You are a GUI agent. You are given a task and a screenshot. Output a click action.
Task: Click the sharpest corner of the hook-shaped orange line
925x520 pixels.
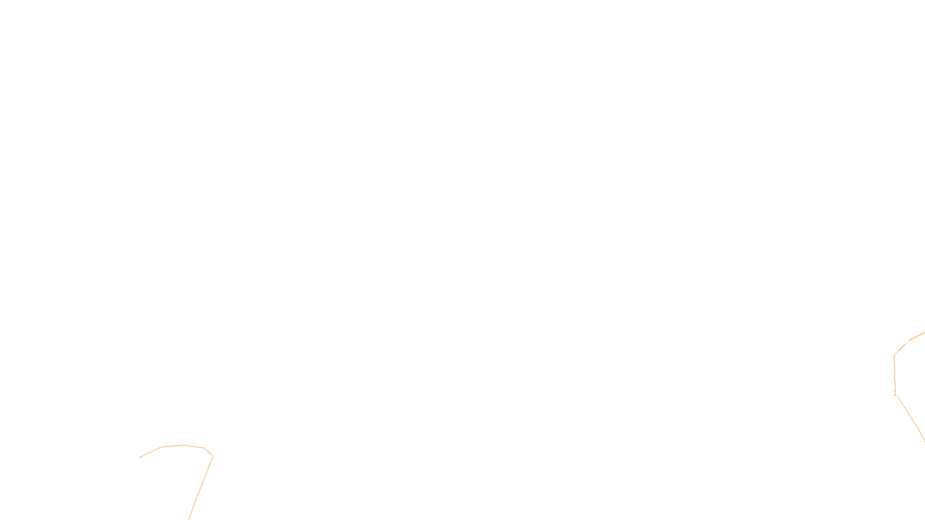click(213, 456)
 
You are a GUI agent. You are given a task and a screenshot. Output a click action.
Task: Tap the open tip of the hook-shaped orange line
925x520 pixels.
click(140, 457)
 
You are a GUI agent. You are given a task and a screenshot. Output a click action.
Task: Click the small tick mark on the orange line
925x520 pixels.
click(895, 394)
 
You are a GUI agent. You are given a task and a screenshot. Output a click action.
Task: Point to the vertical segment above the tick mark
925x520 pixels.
click(894, 374)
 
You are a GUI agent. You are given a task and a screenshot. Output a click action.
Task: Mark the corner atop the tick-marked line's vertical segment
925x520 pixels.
click(894, 355)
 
